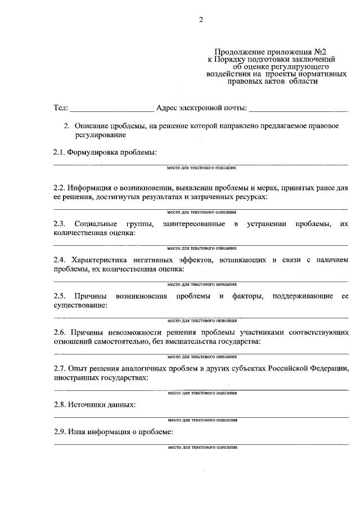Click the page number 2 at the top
[x=200, y=21]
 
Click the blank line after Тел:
[x=111, y=109]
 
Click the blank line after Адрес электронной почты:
[x=298, y=109]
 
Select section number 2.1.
[x=59, y=152]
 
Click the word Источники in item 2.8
[x=85, y=404]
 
